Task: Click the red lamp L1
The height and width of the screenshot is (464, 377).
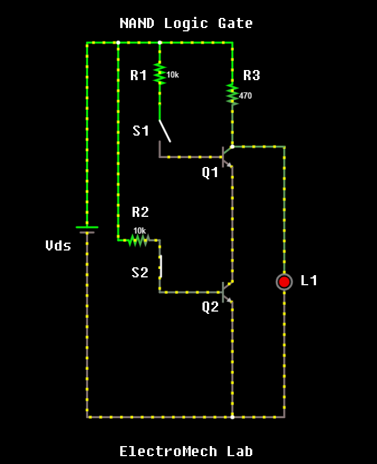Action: coord(284,281)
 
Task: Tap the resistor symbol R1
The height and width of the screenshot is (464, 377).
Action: coord(159,73)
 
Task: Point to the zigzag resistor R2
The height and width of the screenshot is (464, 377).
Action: coord(138,240)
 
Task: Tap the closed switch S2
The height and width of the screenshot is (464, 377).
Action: coord(161,266)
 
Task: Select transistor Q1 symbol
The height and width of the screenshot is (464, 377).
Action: coord(226,156)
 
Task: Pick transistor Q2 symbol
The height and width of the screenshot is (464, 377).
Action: coord(226,292)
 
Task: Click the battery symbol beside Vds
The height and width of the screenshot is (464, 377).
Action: coord(87,229)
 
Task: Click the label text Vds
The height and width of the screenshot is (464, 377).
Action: coord(58,245)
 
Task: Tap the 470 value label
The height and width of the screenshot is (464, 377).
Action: coord(246,96)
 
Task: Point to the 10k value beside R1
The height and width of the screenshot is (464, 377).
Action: coord(173,75)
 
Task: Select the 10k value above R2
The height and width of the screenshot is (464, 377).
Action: coord(139,230)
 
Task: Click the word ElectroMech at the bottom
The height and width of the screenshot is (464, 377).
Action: coord(168,451)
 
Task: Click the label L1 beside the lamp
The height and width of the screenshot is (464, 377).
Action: coord(309,281)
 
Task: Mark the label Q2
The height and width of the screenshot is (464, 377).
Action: coord(210,307)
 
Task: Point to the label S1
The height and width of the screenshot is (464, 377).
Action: coord(141,131)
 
